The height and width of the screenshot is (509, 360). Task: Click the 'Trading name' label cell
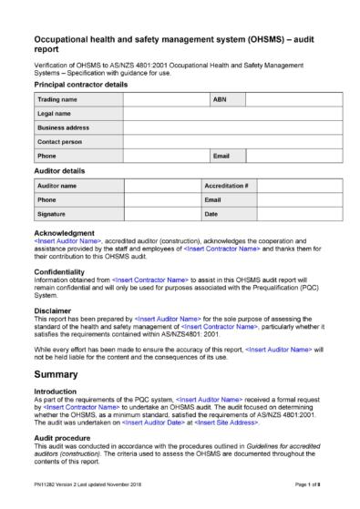click(x=57, y=98)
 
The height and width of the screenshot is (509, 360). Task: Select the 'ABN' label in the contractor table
click(x=219, y=98)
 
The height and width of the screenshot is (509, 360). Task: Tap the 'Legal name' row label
click(x=53, y=113)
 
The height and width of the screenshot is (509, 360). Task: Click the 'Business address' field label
click(x=62, y=127)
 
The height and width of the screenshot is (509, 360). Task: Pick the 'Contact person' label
click(x=59, y=142)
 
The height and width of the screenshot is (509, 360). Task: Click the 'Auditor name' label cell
click(x=57, y=185)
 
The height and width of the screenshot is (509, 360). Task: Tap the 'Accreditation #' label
click(x=227, y=185)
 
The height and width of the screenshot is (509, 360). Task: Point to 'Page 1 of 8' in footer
click(x=308, y=493)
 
